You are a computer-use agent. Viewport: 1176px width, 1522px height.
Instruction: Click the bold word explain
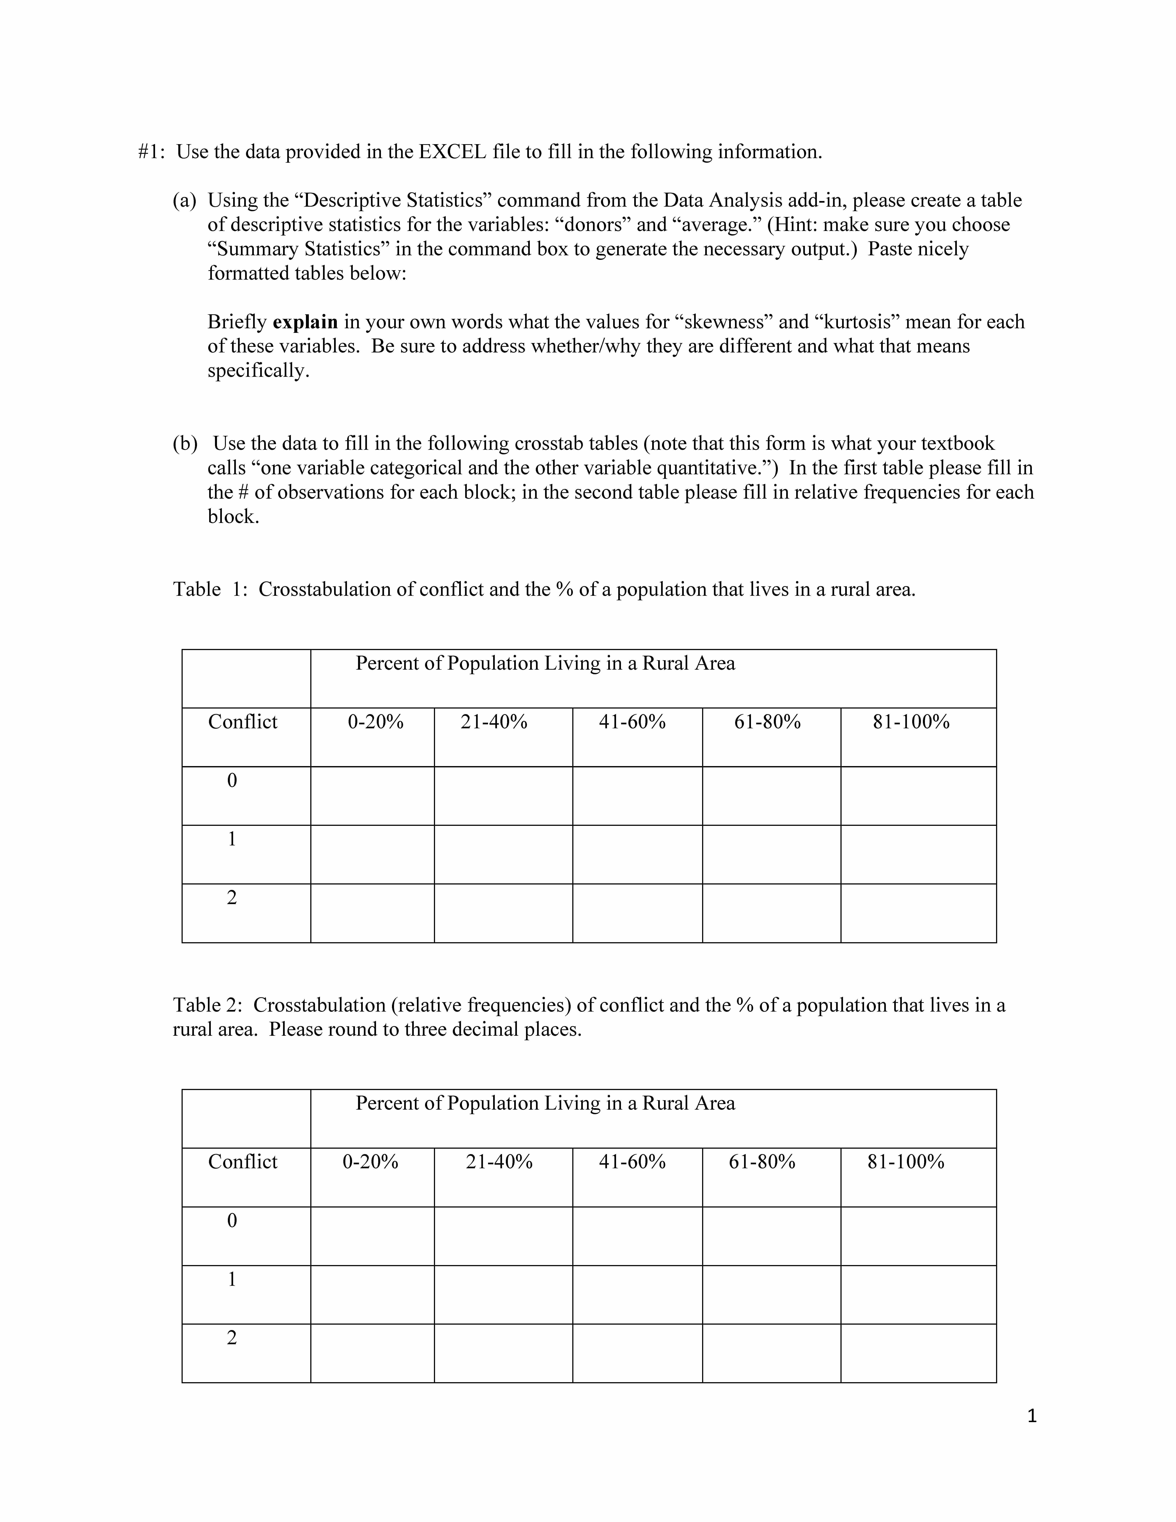click(305, 322)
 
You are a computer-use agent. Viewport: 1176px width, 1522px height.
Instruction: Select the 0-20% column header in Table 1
click(375, 722)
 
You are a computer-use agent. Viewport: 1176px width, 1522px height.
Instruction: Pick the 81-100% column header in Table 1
click(911, 722)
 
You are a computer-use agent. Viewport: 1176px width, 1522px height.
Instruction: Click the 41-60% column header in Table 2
click(632, 1162)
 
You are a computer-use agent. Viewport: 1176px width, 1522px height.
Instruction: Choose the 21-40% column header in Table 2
click(499, 1162)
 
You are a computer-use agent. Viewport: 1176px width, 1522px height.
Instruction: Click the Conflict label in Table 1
click(242, 722)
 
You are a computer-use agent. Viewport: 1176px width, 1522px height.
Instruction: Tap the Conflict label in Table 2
click(242, 1162)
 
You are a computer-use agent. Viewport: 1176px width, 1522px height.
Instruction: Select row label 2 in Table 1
click(232, 898)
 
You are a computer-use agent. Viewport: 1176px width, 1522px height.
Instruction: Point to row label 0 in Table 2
click(232, 1220)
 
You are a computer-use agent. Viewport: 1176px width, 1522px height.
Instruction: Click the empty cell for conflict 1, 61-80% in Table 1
click(771, 854)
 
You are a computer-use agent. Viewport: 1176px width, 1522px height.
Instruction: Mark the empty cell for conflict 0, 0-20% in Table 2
click(372, 1236)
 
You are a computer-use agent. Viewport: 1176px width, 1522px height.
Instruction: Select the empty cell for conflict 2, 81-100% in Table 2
click(918, 1353)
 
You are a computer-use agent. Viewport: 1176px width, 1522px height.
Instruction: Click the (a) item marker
click(185, 201)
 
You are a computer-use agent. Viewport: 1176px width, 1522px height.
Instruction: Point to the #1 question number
click(151, 152)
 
